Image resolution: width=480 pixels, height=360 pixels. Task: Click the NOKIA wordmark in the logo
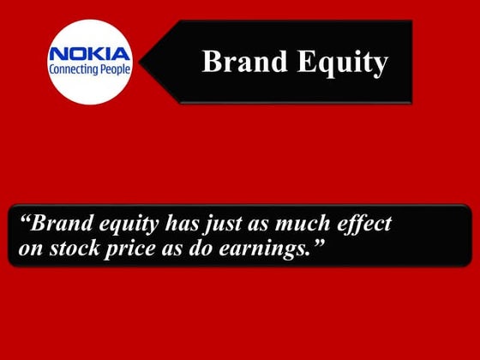pos(90,54)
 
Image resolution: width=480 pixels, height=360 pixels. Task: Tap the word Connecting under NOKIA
pos(71,71)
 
